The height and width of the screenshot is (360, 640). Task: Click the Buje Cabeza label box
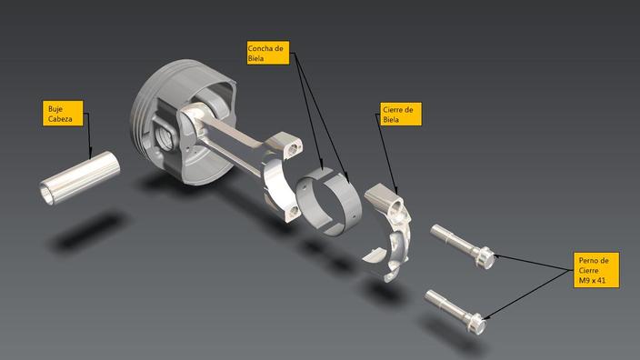[x=65, y=114]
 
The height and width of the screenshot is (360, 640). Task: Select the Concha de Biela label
[x=267, y=53]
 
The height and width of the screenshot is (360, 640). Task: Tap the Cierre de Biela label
[x=401, y=114]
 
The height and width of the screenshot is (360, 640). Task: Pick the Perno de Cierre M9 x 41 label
[x=597, y=270]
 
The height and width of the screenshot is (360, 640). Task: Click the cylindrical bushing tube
[x=80, y=178]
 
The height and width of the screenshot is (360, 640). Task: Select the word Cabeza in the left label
[x=65, y=119]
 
